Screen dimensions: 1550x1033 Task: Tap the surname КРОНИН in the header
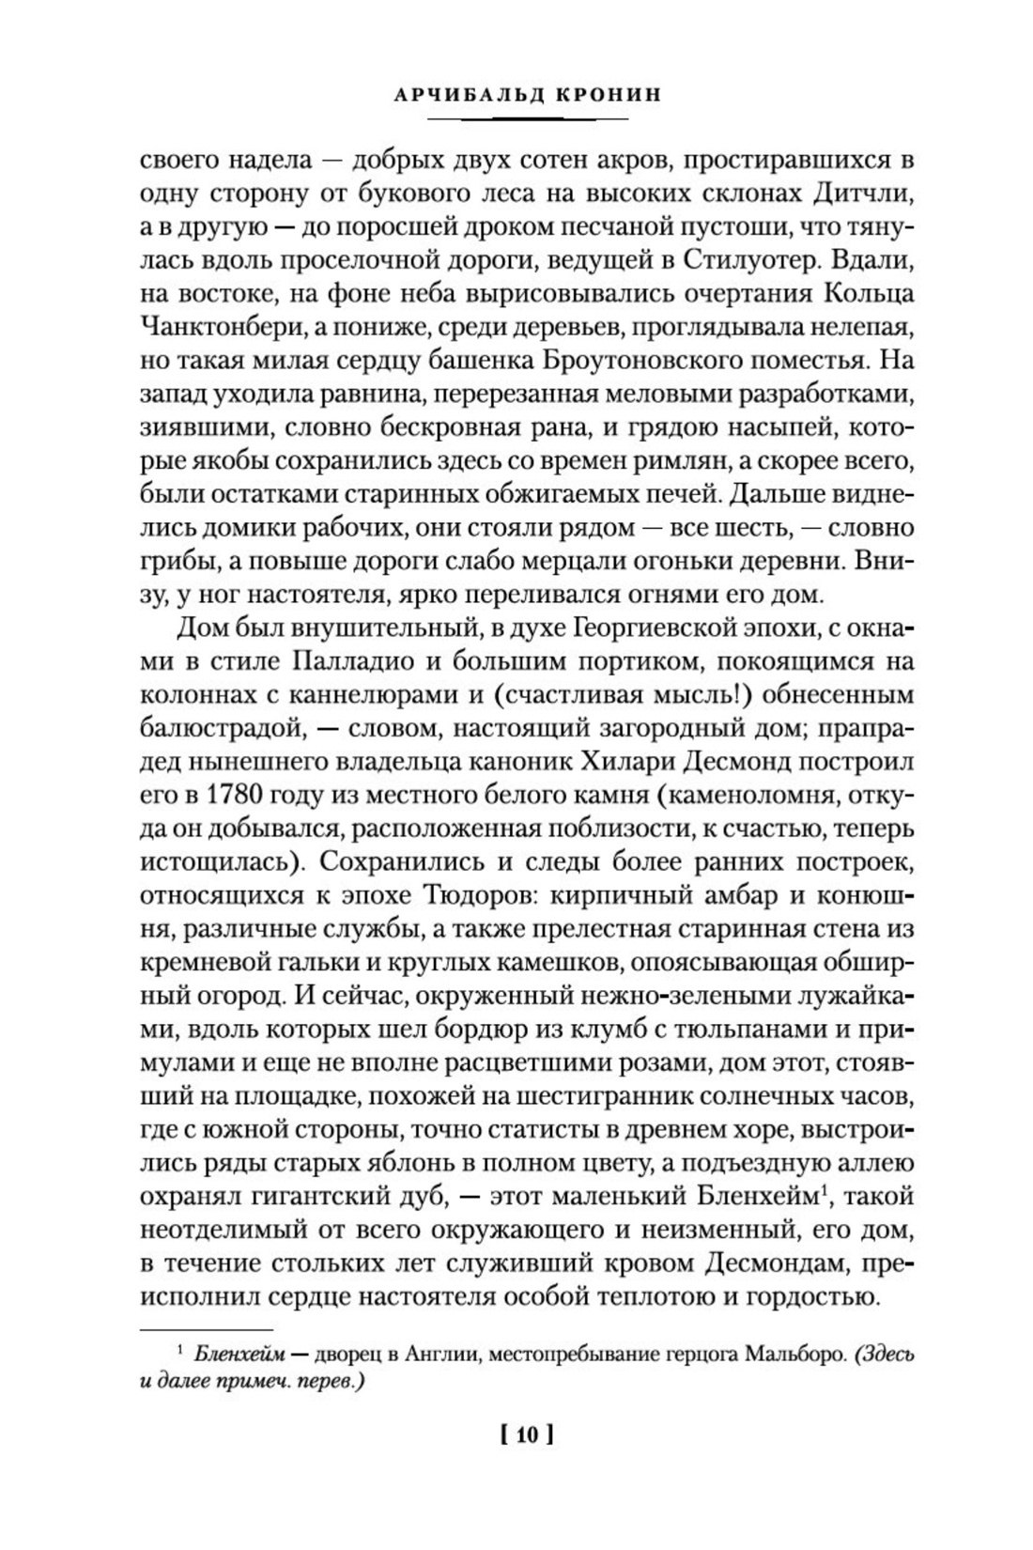coord(586,94)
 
